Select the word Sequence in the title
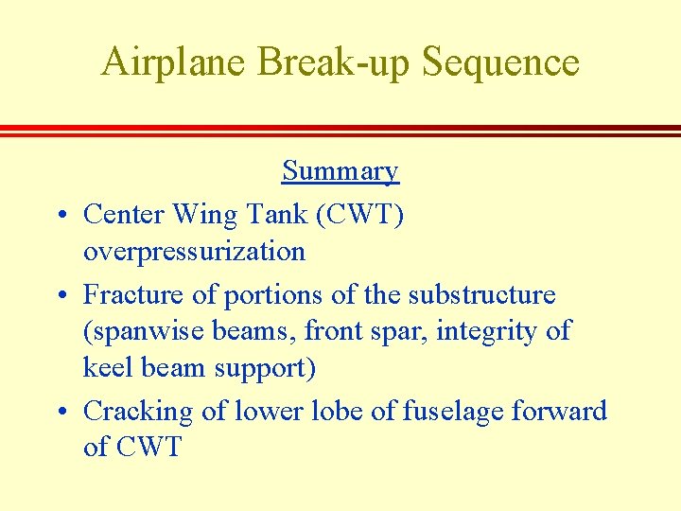click(500, 62)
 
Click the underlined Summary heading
click(340, 171)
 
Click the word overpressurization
click(194, 252)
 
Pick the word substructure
click(481, 295)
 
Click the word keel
click(106, 367)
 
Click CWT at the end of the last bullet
click(148, 447)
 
